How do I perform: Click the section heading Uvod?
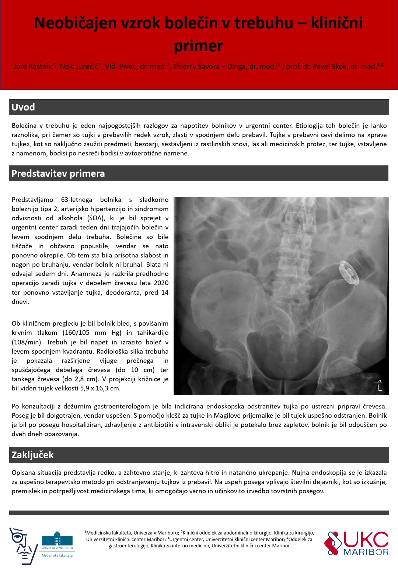pos(23,107)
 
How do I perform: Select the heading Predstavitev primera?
pos(58,173)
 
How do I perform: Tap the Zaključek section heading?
pos(33,455)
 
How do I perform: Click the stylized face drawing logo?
pos(23,545)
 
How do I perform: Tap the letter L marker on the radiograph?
pos(380,388)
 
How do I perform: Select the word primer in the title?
pos(199,46)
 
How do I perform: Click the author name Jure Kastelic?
pos(33,67)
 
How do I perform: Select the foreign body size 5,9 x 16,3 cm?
pos(100,388)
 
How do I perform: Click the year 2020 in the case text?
pos(161,283)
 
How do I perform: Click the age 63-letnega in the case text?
pos(77,200)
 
